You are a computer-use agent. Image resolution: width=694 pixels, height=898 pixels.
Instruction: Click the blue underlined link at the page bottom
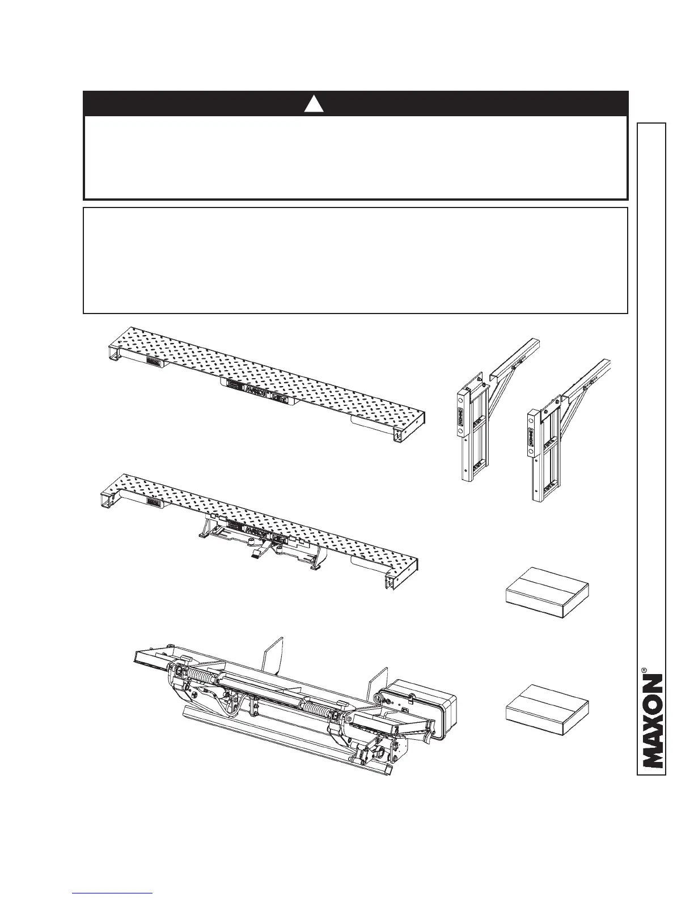pos(113,893)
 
